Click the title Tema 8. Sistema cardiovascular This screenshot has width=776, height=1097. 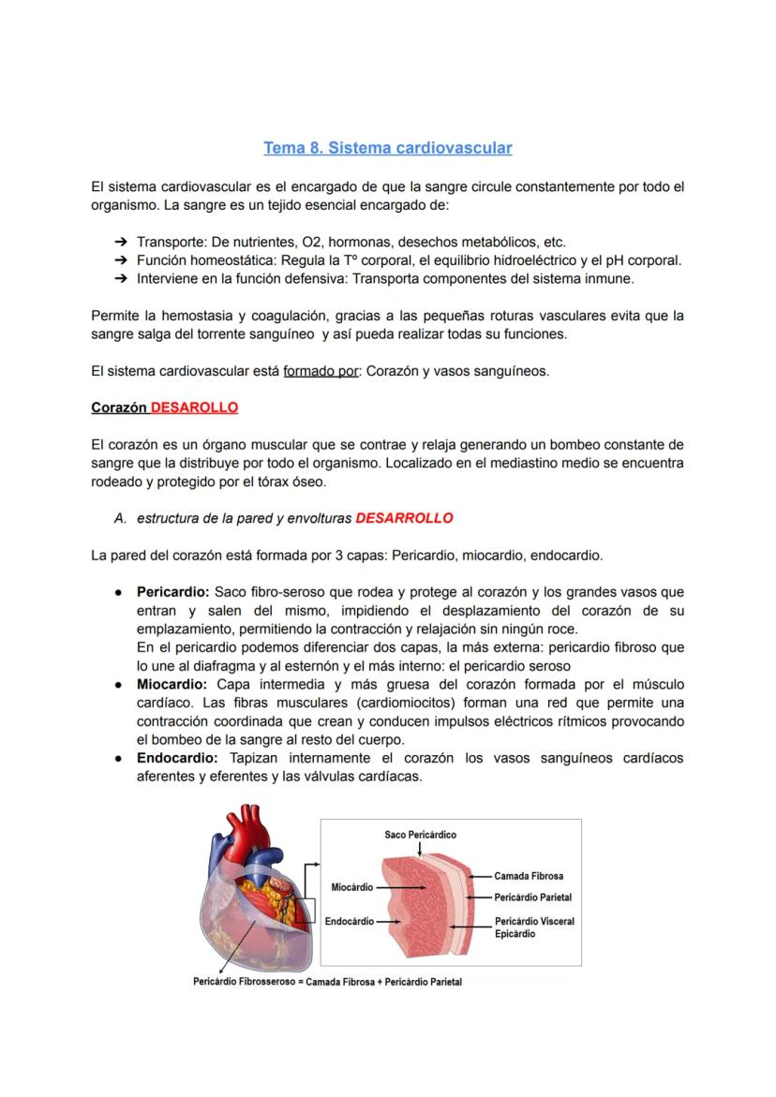pos(387,148)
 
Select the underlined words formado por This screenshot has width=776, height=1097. pos(321,371)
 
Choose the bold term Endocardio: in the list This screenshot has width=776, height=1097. pos(177,758)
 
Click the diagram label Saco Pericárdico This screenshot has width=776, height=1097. pos(420,835)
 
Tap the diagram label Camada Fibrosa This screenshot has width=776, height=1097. pos(529,877)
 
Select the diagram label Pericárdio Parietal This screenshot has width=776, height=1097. pos(532,897)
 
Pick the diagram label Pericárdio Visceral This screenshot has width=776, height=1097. pos(534,922)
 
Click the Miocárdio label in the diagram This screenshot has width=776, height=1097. pos(352,886)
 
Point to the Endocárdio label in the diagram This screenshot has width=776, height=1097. pos(350,922)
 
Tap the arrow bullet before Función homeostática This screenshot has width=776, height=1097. pos(121,260)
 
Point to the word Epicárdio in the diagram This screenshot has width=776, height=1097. pos(515,934)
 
